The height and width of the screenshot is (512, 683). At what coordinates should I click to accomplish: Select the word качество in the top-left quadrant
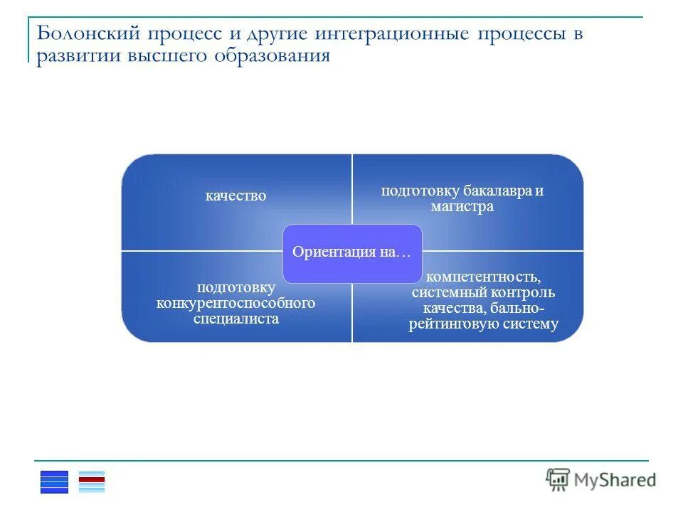point(235,196)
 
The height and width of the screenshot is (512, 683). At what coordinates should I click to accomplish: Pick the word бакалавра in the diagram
point(497,191)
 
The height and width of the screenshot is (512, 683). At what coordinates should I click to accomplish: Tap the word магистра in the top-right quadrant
point(462,207)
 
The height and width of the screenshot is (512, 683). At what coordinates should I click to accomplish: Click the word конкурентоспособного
point(235,303)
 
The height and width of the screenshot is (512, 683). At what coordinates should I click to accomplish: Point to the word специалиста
point(235,319)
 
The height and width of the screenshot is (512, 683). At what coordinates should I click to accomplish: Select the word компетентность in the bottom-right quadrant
point(483,277)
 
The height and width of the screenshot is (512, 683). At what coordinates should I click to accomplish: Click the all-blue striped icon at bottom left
point(55,481)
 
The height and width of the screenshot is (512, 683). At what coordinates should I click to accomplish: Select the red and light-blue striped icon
point(91,481)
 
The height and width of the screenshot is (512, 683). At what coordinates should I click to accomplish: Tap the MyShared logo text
point(616,480)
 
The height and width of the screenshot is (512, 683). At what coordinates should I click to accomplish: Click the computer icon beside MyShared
point(558,479)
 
